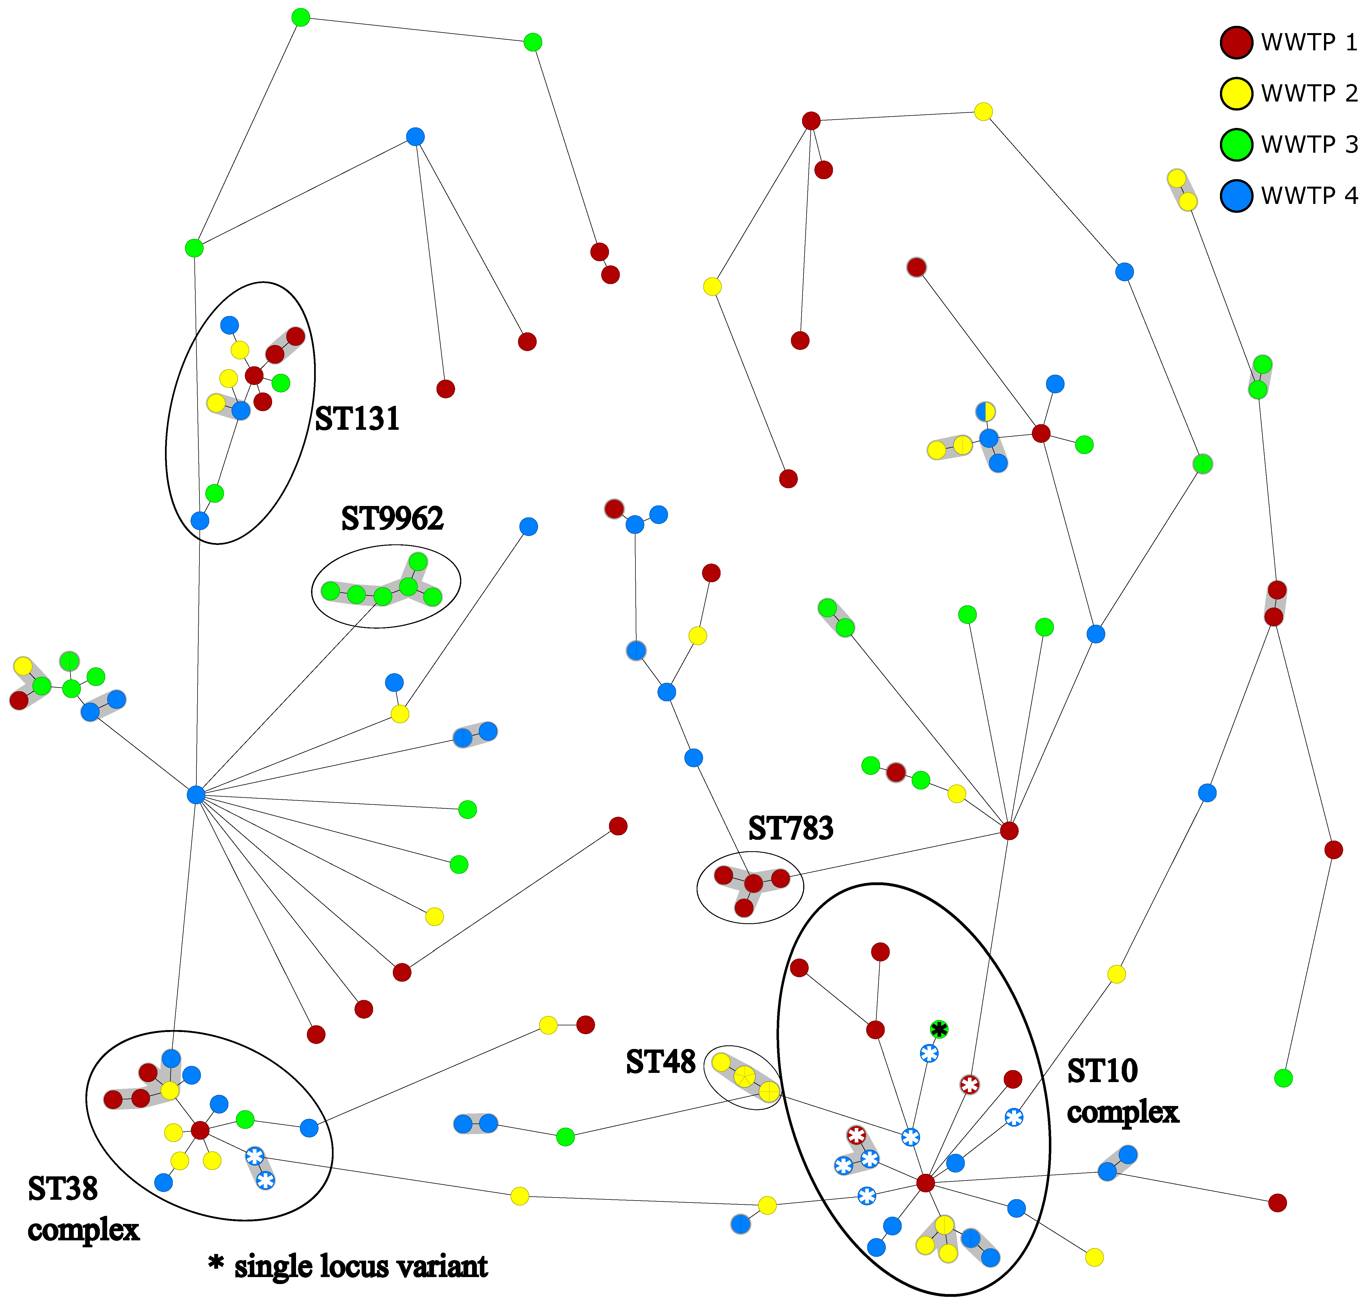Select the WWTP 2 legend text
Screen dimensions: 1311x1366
click(1308, 93)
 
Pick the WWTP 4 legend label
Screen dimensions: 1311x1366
click(1308, 196)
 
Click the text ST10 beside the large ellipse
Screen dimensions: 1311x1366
click(1102, 1071)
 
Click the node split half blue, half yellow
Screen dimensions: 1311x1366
click(985, 411)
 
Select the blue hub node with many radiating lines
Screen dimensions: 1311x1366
click(196, 794)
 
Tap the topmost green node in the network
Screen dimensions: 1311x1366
click(300, 18)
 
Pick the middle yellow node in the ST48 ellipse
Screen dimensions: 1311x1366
click(744, 1075)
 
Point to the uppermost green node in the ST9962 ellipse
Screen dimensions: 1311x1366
click(418, 562)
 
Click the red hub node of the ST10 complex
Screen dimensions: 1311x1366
click(925, 1183)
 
